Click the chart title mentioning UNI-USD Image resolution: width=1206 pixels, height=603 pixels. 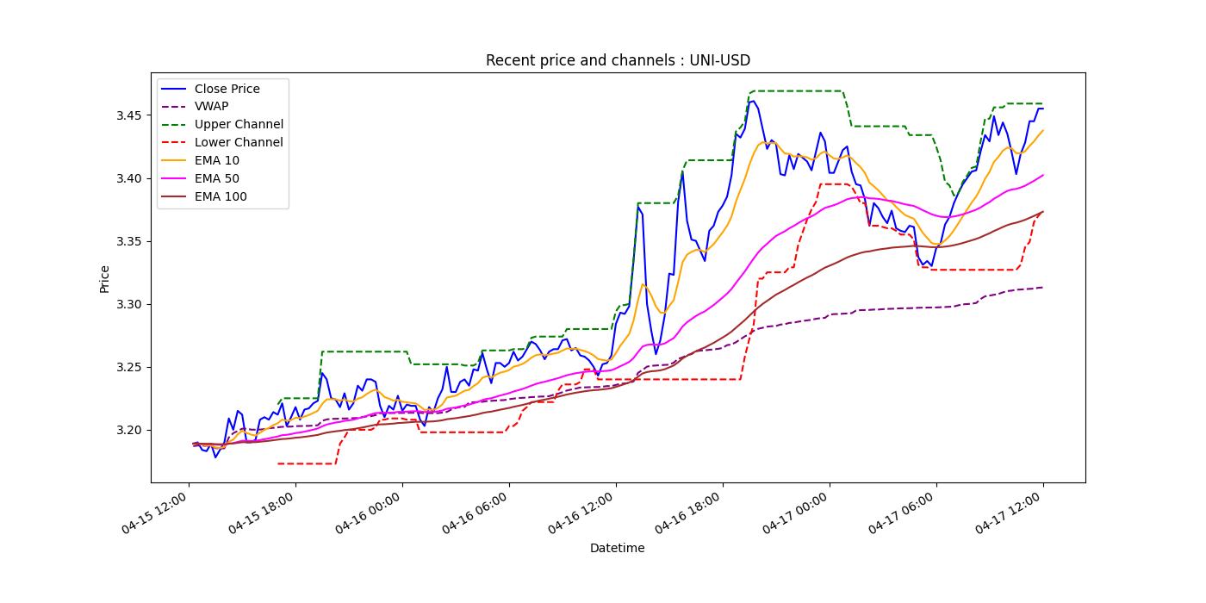pyautogui.click(x=618, y=60)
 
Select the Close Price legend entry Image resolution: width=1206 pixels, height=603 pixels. pyautogui.click(x=227, y=89)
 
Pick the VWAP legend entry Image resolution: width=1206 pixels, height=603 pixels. pyautogui.click(x=211, y=107)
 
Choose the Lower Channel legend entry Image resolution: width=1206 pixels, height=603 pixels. pyautogui.click(x=239, y=143)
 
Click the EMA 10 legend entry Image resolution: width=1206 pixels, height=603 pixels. pyautogui.click(x=217, y=161)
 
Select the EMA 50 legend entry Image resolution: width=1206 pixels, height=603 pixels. pyautogui.click(x=217, y=179)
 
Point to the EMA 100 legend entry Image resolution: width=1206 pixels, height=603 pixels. pyautogui.click(x=221, y=197)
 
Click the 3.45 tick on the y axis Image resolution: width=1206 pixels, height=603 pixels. pyautogui.click(x=128, y=115)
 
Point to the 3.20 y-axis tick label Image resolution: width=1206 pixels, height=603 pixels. pyautogui.click(x=128, y=431)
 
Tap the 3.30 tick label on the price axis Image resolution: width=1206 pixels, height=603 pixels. pyautogui.click(x=128, y=305)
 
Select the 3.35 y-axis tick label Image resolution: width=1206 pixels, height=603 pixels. pyautogui.click(x=128, y=242)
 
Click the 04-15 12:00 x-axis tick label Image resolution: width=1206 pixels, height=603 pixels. pyautogui.click(x=156, y=516)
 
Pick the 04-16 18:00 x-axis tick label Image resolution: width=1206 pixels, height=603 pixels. pyautogui.click(x=690, y=516)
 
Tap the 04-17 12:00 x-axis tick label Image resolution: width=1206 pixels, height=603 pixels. pyautogui.click(x=1010, y=516)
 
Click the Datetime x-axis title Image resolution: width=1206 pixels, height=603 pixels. pyautogui.click(x=617, y=548)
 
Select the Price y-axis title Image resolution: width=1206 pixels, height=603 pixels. pyautogui.click(x=105, y=279)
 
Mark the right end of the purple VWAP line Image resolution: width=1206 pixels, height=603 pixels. pyautogui.click(x=1043, y=288)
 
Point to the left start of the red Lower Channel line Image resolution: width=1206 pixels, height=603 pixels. pyautogui.click(x=277, y=463)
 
